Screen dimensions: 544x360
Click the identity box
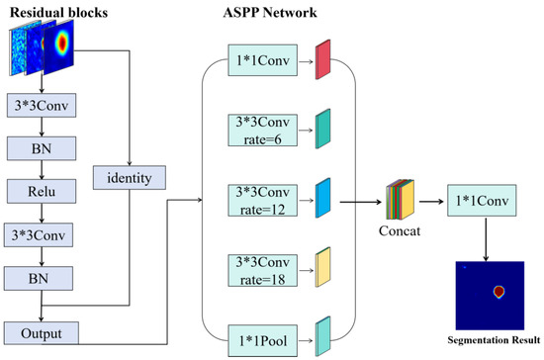129,178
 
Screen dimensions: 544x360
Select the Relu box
42,191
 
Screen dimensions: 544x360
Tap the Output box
42,333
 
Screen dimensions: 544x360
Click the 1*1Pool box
263,340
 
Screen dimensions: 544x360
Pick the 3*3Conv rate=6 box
263,131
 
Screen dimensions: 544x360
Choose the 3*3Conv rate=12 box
263,201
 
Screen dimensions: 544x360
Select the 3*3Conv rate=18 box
263,271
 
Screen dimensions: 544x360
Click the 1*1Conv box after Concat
482,200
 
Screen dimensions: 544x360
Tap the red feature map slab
322,59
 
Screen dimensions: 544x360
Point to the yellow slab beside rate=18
322,267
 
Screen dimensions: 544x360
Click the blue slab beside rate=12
322,198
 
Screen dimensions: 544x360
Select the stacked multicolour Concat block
400,200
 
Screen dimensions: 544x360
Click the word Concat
400,231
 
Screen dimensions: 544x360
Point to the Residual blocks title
58,13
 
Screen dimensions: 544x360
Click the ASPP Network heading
270,13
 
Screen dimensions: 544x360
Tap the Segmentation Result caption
494,339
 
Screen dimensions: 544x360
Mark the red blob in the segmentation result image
499,292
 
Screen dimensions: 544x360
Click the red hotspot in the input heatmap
62,43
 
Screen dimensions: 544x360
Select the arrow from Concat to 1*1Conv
431,201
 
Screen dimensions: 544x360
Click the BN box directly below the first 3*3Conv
42,148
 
